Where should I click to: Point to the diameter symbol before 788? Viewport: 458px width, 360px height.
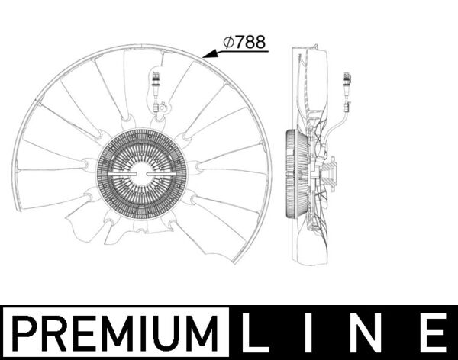227,43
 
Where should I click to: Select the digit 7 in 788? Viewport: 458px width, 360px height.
240,43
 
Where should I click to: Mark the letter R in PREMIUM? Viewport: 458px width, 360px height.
52,333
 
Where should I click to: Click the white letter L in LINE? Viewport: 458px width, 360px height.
256,333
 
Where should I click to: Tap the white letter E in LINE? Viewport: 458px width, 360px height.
432,333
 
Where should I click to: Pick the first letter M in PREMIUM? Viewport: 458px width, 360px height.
103,333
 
